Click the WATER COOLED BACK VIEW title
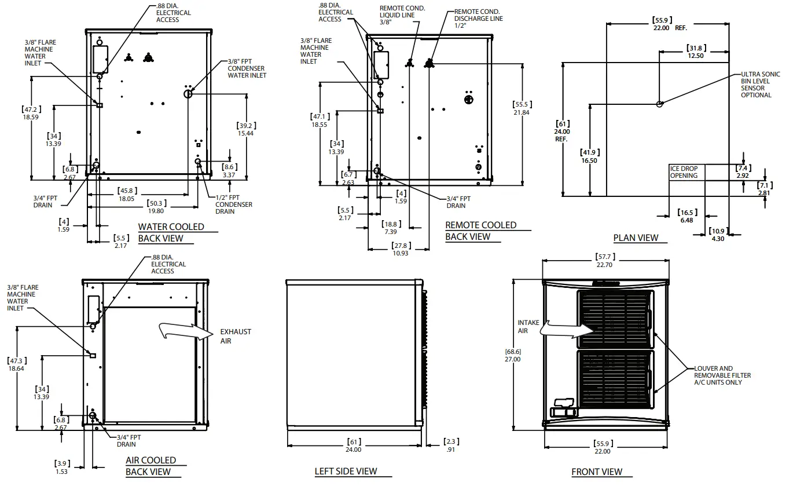(x=171, y=232)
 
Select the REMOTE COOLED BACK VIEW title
(x=480, y=231)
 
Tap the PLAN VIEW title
(x=636, y=237)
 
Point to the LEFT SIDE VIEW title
(x=346, y=472)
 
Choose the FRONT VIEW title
(x=597, y=472)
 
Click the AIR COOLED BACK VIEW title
(x=150, y=466)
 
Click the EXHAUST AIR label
(x=236, y=337)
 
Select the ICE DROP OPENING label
(x=684, y=172)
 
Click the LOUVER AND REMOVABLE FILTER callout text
(x=722, y=375)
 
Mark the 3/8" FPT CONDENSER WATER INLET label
(x=247, y=68)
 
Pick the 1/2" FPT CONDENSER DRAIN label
(x=233, y=204)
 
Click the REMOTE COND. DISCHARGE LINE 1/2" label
(x=478, y=19)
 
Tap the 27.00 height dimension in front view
(x=512, y=359)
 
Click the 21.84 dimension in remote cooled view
(x=522, y=112)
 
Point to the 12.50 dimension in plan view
(x=695, y=56)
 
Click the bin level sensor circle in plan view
(x=659, y=104)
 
